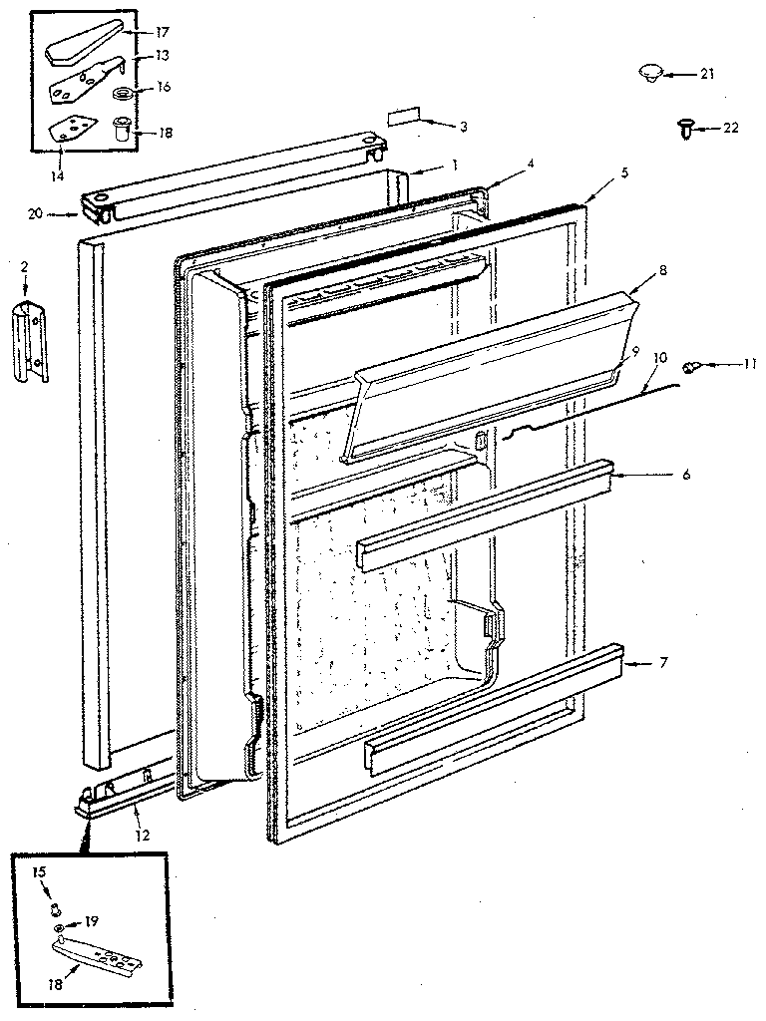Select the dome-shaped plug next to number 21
(651, 73)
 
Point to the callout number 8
(661, 269)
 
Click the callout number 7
(688, 663)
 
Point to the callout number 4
(532, 164)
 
